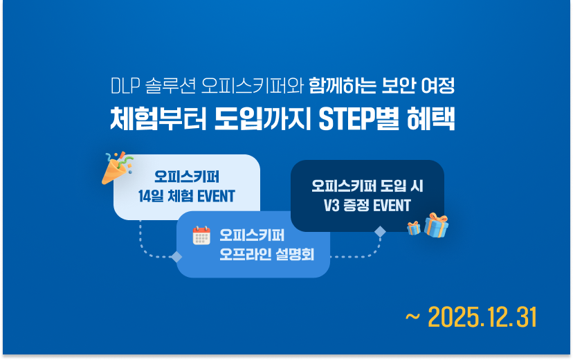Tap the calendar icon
coord(201,235)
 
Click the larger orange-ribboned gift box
coord(436,225)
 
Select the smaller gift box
coord(414,228)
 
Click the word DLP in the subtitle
coord(126,87)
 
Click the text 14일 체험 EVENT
coord(187,196)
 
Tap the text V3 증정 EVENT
coord(367,205)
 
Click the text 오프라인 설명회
coord(266,254)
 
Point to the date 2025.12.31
coord(482,317)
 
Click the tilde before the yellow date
coord(412,317)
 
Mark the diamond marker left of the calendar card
coord(176,257)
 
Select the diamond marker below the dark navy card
coord(379,232)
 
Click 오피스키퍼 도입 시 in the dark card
coord(367,186)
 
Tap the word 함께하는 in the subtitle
coord(344,87)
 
